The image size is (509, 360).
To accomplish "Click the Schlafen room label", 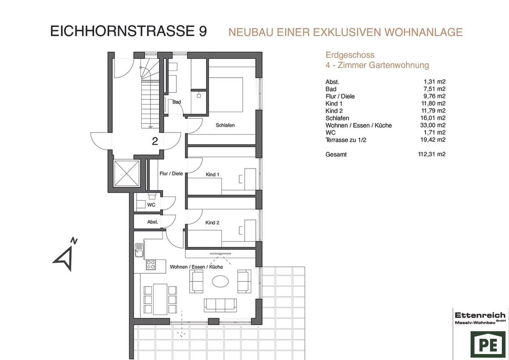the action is pos(225,125).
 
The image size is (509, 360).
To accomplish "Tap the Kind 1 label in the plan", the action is pos(212,174).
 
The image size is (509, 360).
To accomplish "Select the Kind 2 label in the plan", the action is pos(212,222).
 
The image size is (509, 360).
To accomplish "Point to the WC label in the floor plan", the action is pos(151,205).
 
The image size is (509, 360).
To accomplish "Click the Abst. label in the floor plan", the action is pos(152,222).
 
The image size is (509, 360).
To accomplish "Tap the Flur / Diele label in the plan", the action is pos(171,174).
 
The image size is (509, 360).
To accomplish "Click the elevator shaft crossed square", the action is pos(127,173).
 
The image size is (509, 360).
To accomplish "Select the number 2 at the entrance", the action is pos(155,141).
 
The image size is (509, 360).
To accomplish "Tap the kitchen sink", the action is pos(139,250).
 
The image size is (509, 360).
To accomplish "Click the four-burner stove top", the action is pos(151,265).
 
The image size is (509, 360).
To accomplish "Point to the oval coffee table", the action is pos(220,281).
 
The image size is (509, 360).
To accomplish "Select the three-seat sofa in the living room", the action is pos(220,305).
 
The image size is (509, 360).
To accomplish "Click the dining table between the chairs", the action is pos(160,299).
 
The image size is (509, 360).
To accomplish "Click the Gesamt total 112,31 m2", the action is pos(432,154).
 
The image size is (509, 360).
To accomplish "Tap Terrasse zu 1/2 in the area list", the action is pos(346,140).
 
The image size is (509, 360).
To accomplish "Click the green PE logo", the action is pos(488,344).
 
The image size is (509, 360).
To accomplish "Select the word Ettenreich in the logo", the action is pos(480,315).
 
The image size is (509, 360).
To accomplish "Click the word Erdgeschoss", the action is pos(350,55).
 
